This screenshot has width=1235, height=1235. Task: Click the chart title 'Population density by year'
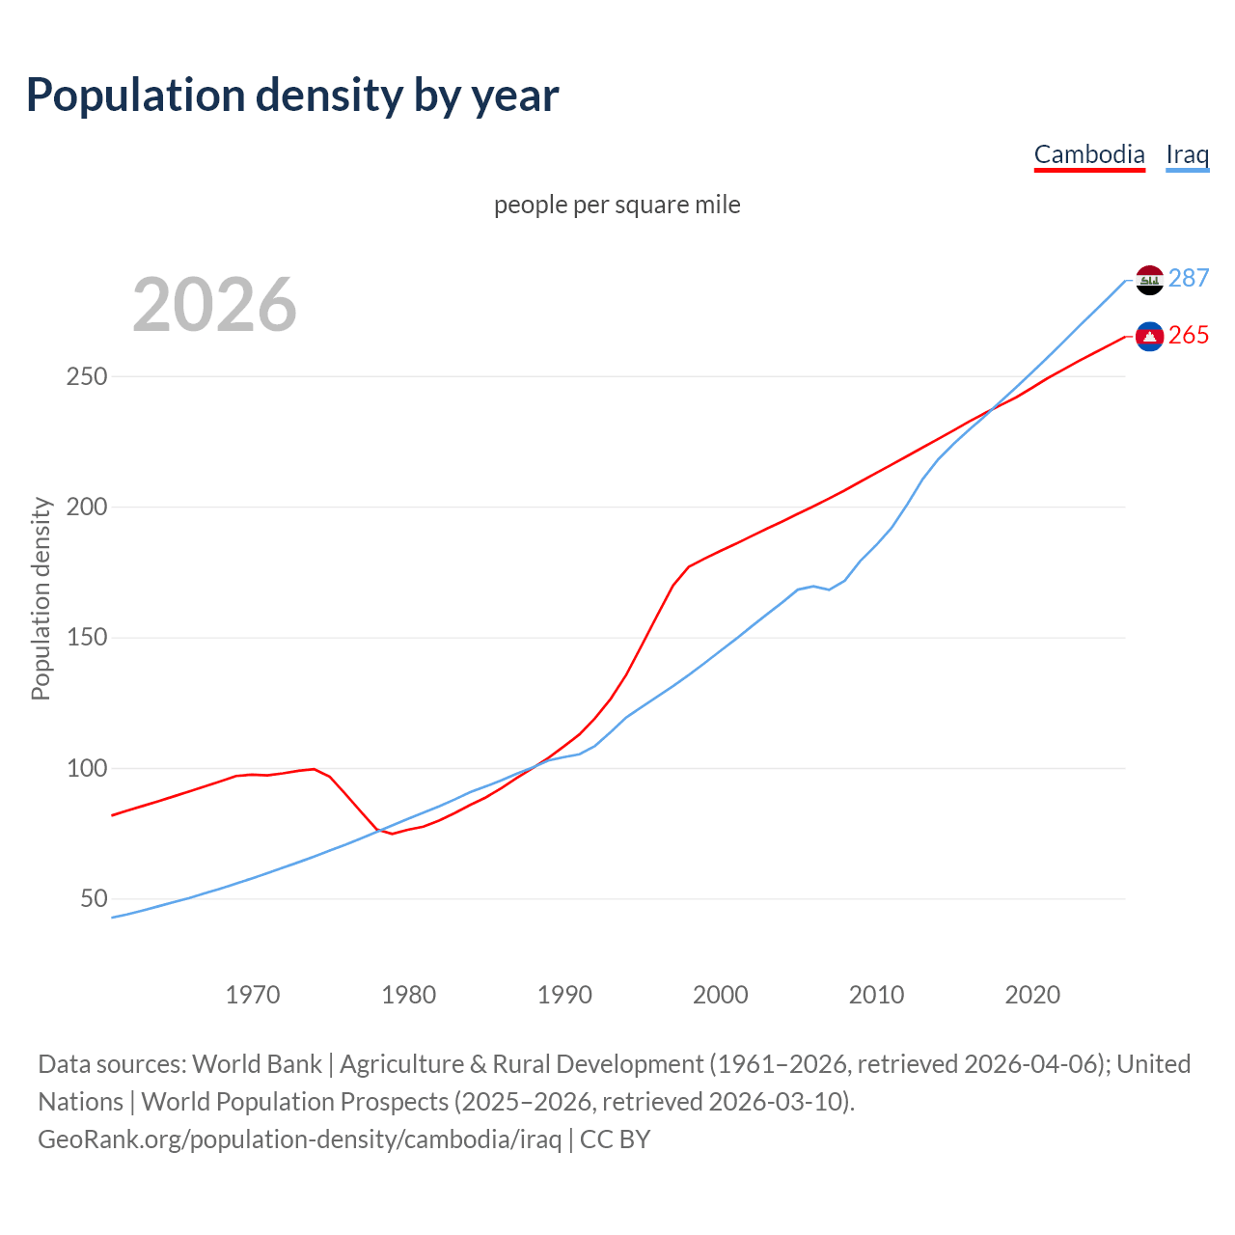[x=292, y=96]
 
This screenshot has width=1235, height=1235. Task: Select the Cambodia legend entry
[x=1089, y=154]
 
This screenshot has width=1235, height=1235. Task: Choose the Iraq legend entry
[x=1187, y=154]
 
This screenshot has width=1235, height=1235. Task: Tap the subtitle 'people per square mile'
[x=617, y=206]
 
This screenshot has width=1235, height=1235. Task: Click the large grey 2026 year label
[x=214, y=305]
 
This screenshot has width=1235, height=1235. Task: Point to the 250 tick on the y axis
[x=87, y=376]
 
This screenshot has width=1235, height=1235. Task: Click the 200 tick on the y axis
[x=87, y=508]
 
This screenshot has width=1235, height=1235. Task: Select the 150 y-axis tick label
[x=87, y=638]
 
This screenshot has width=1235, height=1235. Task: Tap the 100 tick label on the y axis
[x=87, y=769]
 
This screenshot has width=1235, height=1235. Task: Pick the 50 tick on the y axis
[x=94, y=899]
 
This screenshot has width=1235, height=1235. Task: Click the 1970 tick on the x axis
[x=253, y=995]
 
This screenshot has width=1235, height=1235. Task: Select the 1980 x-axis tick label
[x=409, y=995]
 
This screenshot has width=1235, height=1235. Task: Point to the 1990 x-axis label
[x=564, y=995]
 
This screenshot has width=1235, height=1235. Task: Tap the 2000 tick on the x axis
[x=721, y=995]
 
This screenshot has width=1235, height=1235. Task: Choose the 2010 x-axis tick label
[x=876, y=995]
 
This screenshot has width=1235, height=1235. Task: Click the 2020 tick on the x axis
[x=1032, y=995]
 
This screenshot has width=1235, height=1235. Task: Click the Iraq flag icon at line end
[x=1149, y=280]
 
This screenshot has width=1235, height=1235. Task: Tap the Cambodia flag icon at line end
[x=1149, y=336]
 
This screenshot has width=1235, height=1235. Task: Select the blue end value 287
[x=1189, y=279]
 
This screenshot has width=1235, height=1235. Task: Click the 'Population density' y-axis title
[x=41, y=598]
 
